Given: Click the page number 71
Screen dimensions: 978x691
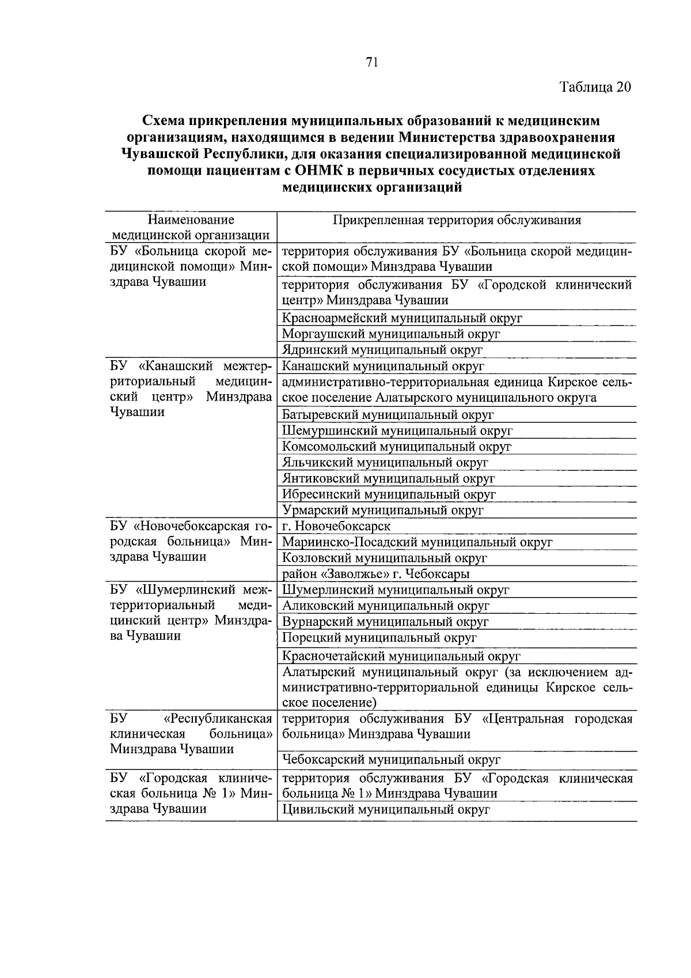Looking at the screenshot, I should pyautogui.click(x=371, y=63).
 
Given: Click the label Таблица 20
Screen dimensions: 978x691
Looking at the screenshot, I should pyautogui.click(x=595, y=87).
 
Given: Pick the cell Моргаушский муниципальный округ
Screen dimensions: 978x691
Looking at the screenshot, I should pyautogui.click(x=391, y=334).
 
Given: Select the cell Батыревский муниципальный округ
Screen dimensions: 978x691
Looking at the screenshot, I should pyautogui.click(x=388, y=414).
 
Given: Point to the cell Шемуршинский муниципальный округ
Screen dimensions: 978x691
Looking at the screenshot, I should pyautogui.click(x=397, y=431).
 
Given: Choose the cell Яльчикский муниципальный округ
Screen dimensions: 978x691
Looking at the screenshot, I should pyautogui.click(x=385, y=462).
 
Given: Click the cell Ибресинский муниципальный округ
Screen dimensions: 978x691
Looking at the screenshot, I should pyautogui.click(x=389, y=494).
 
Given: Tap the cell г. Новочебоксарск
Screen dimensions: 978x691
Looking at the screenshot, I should pyautogui.click(x=336, y=526).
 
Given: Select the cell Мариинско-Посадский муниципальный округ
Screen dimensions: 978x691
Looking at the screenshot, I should pyautogui.click(x=417, y=542).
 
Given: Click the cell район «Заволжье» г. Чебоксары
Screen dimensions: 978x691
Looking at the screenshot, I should pyautogui.click(x=375, y=574).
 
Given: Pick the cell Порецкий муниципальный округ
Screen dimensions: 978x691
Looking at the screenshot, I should pyautogui.click(x=379, y=638).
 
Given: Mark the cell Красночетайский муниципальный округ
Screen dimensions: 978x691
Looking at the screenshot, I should pyautogui.click(x=401, y=656).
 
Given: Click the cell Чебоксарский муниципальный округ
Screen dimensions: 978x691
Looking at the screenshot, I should pyautogui.click(x=391, y=760).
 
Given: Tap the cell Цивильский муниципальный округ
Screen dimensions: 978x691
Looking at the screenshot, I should pyautogui.click(x=386, y=810).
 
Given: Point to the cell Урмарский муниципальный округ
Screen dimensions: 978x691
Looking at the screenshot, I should pyautogui.click(x=383, y=511).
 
